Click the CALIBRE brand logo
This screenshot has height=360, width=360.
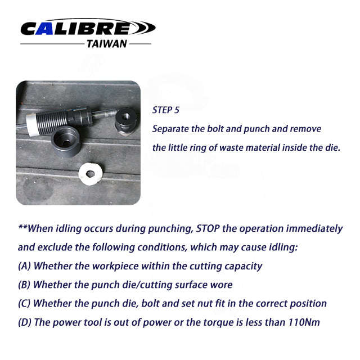pos(88,28)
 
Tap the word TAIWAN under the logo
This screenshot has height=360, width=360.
pos(107,44)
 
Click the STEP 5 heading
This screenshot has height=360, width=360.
pos(165,110)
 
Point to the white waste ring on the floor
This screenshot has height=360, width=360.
pos(90,174)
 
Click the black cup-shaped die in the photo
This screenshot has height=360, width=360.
pos(66,142)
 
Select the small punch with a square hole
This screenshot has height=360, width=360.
pos(125,121)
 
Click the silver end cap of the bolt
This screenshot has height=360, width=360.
pos(31,125)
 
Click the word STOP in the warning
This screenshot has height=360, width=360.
pos(208,228)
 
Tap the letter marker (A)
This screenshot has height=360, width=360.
pos(24,266)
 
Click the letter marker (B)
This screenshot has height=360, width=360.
pos(24,285)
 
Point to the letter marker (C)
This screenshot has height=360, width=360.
pos(24,304)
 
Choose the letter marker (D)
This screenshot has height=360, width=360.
pos(25,322)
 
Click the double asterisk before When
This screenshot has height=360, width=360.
pos(22,227)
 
